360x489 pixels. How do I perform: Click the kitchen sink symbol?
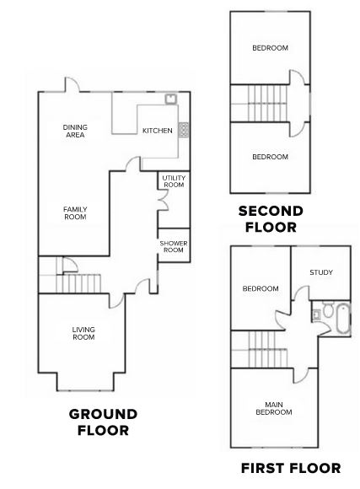click(170, 99)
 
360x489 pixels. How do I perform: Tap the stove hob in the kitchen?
click(184, 130)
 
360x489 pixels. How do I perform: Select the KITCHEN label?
click(157, 131)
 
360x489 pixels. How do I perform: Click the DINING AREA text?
click(75, 131)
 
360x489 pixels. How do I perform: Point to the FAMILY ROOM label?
click(75, 213)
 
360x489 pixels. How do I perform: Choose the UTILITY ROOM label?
click(174, 181)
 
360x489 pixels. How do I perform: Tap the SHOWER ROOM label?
click(174, 246)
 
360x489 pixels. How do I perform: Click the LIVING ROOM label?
click(83, 333)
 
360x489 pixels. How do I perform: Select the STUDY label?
click(321, 272)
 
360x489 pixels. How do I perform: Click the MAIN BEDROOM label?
click(274, 408)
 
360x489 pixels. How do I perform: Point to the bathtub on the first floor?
click(342, 319)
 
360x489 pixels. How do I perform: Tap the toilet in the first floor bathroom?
click(328, 309)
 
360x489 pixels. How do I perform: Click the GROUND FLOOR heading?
click(103, 422)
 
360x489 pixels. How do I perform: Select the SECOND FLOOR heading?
click(271, 219)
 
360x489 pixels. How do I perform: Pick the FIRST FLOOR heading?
click(291, 468)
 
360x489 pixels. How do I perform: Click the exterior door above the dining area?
click(72, 84)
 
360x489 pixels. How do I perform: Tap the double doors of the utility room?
click(163, 200)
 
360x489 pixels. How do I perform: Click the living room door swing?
click(117, 301)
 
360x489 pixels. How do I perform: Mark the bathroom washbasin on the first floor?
click(316, 314)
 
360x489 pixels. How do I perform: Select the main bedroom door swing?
click(301, 375)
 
